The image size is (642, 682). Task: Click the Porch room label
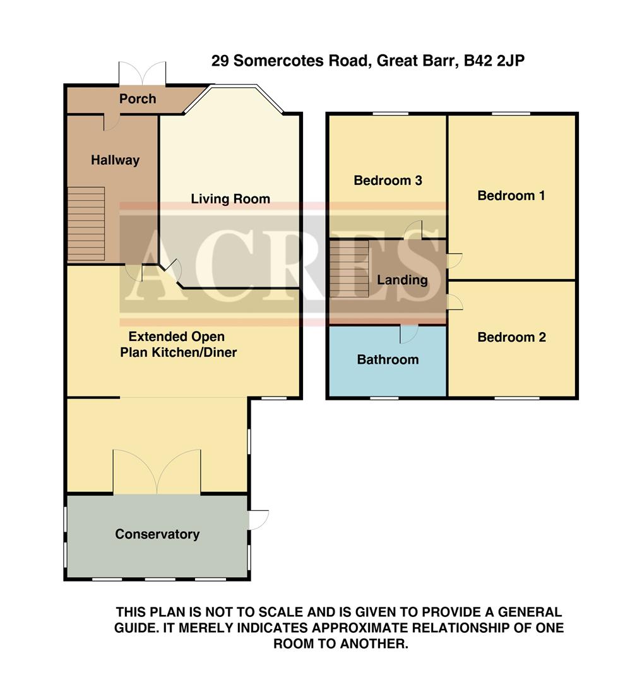click(x=138, y=99)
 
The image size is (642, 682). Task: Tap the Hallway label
click(x=115, y=160)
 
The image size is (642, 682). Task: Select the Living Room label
click(x=230, y=200)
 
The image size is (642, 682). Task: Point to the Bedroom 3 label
click(x=388, y=181)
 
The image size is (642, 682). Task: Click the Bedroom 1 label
click(x=511, y=196)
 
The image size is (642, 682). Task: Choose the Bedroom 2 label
click(x=511, y=337)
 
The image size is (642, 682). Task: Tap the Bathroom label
click(x=388, y=360)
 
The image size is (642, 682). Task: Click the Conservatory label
click(x=157, y=534)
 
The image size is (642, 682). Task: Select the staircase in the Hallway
click(x=86, y=224)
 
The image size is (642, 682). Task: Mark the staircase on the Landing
click(x=349, y=269)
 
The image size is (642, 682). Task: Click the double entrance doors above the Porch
click(x=143, y=73)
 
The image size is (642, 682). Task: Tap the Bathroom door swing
click(x=409, y=333)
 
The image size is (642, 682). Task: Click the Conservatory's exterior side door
click(x=259, y=519)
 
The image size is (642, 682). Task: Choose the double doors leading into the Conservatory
click(x=157, y=471)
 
